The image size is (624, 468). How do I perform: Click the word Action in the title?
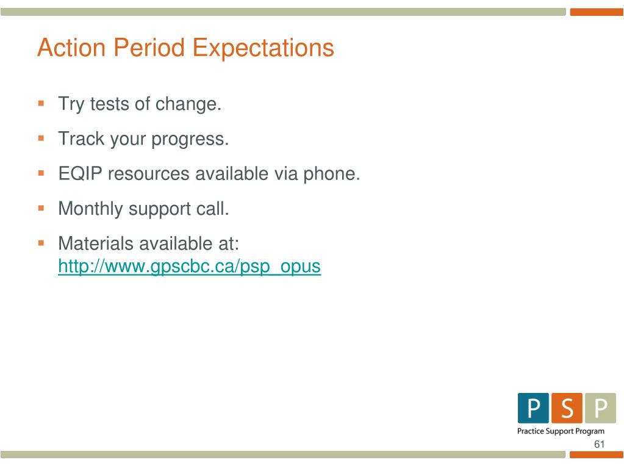[x=71, y=48]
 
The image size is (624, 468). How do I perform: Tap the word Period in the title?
[x=149, y=48]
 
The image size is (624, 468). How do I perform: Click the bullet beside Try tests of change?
[x=41, y=104]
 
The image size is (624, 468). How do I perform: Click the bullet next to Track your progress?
[x=41, y=139]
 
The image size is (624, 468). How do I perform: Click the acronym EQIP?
[x=80, y=173]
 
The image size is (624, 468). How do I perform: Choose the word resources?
[x=148, y=175]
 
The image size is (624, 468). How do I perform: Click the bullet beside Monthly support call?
[x=41, y=208]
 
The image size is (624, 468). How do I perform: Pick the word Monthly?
[x=90, y=209]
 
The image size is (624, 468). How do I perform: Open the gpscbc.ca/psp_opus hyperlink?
[x=190, y=267]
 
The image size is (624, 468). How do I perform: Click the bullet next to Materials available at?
[x=41, y=243]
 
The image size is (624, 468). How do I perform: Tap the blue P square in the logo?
[x=533, y=408]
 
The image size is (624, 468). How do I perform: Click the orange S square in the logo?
[x=567, y=408]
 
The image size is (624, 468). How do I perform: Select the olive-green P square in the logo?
[x=601, y=408]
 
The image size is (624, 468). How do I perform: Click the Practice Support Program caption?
[x=561, y=431]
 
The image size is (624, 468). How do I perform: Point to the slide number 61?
[x=600, y=444]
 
